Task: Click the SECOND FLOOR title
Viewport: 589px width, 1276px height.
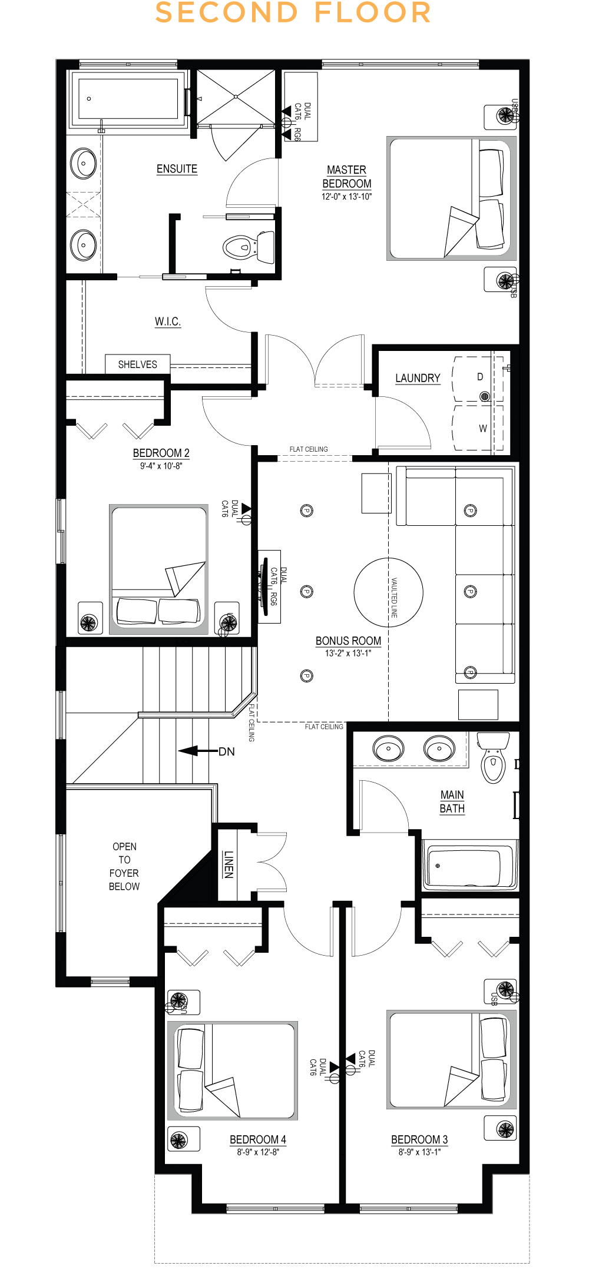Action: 293,13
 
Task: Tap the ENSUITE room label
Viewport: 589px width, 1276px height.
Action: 177,169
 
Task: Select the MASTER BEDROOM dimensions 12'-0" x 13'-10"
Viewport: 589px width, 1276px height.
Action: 346,197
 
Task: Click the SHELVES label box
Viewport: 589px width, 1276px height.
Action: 137,364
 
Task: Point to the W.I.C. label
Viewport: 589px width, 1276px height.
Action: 168,322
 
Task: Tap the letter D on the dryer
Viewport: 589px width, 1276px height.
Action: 480,377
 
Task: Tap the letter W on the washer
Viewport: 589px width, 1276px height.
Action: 483,428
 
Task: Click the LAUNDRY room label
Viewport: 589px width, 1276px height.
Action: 418,378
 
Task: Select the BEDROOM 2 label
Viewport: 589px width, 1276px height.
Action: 161,453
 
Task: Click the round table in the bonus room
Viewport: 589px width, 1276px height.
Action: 388,592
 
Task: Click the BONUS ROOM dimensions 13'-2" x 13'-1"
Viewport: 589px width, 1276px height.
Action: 348,653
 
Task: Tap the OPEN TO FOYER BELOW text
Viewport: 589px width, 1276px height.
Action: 124,866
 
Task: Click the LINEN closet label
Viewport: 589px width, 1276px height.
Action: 229,864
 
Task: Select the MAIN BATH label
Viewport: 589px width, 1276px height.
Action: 452,801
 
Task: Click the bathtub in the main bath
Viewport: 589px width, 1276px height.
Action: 469,866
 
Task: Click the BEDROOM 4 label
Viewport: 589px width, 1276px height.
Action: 257,1139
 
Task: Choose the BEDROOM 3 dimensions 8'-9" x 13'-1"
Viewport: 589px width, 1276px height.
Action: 419,1152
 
